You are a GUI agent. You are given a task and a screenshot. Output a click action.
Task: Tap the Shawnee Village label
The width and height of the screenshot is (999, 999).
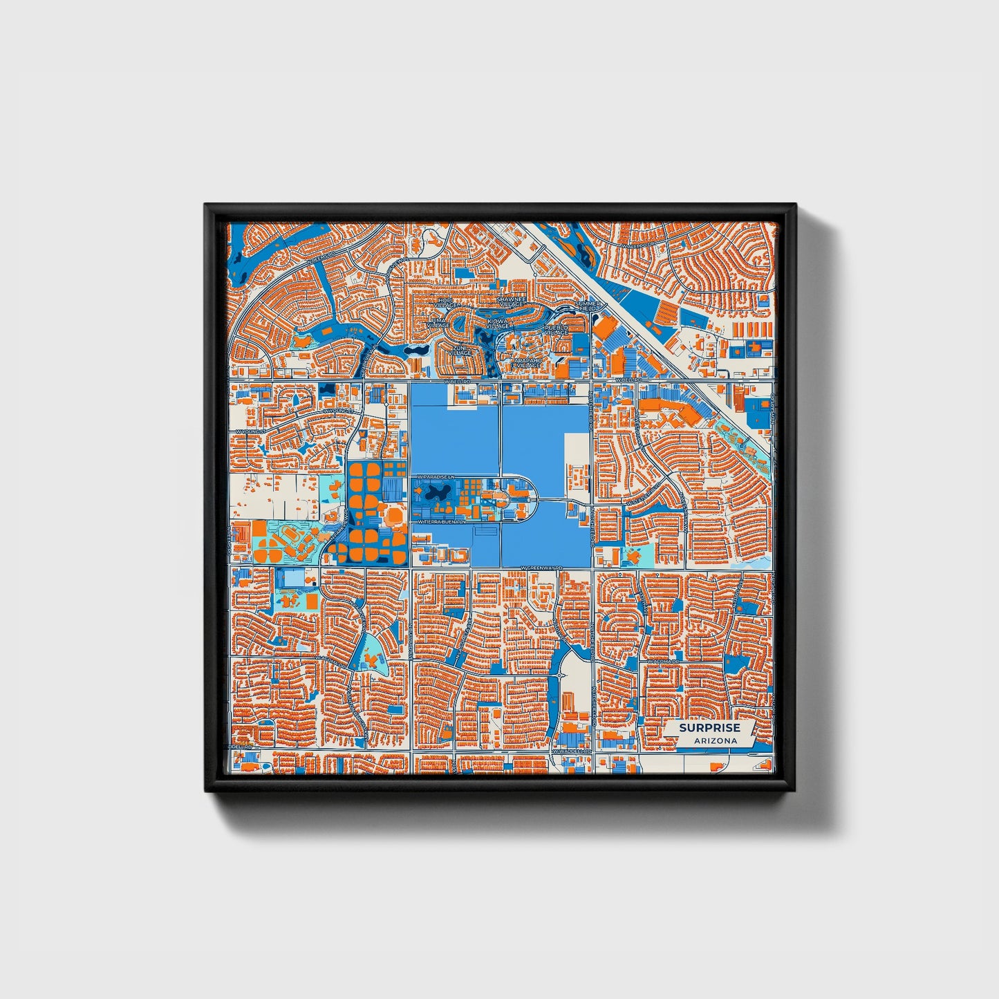512,301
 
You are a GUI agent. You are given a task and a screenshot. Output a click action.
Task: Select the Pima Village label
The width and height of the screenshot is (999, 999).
439,324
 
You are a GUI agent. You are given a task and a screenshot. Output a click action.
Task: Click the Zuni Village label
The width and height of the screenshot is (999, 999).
460,350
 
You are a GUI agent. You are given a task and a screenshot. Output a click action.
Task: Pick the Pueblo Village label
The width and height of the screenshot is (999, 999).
557,330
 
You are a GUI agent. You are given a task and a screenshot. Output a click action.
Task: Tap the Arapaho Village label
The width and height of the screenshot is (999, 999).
528,362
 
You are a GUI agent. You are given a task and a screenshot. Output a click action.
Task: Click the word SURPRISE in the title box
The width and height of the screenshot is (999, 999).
709,728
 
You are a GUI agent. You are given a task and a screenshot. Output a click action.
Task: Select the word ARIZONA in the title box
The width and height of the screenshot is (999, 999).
709,740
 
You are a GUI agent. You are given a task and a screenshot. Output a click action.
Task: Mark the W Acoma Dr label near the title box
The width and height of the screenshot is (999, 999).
664,661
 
